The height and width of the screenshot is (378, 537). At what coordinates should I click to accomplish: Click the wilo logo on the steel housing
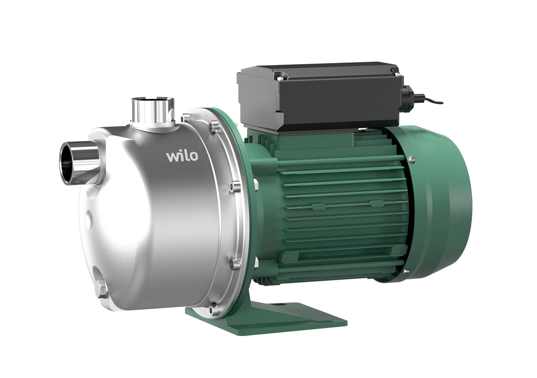[182, 156]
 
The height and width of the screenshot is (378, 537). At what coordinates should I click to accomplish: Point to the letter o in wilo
[194, 156]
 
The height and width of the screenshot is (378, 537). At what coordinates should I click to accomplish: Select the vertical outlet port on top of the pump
[153, 110]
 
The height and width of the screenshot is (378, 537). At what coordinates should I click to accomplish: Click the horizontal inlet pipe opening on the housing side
[68, 163]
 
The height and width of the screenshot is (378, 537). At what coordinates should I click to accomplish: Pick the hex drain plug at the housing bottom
[101, 288]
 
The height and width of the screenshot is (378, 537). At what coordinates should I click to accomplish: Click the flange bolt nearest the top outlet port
[185, 118]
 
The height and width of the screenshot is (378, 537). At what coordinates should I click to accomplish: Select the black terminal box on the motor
[320, 97]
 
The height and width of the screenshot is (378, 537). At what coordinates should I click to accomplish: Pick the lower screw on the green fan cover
[406, 272]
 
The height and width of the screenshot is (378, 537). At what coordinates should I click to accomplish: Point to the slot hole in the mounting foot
[281, 303]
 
